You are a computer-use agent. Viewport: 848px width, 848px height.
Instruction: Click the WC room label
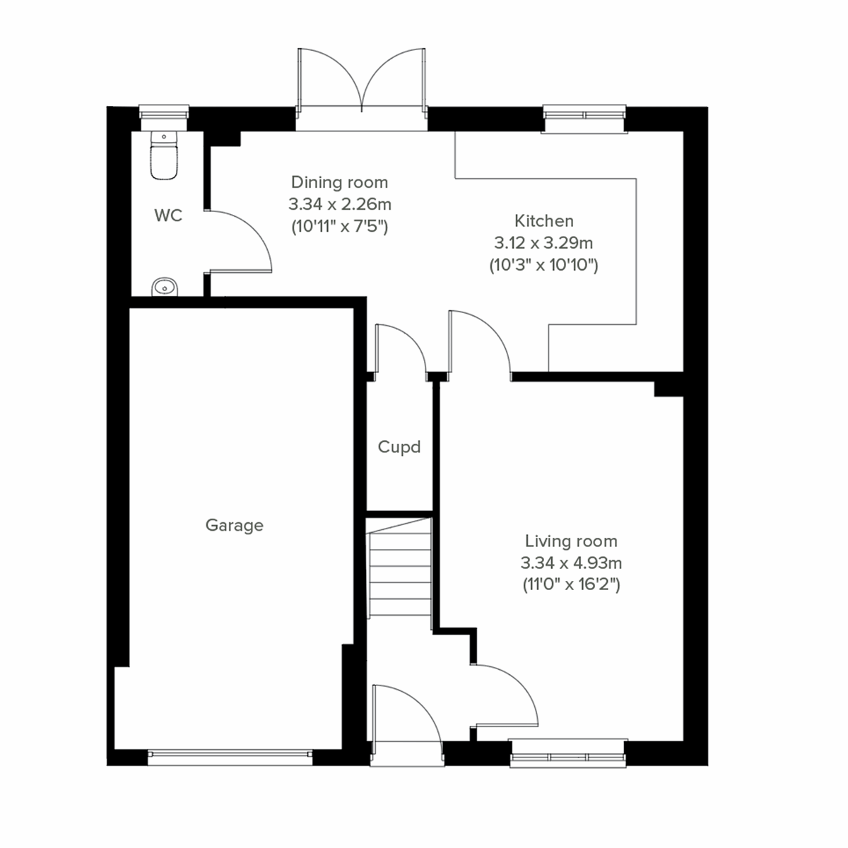point(168,216)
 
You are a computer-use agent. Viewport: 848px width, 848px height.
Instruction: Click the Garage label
point(234,525)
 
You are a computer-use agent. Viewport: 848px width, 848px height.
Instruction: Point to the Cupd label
point(399,447)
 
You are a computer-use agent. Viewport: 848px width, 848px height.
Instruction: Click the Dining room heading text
point(339,182)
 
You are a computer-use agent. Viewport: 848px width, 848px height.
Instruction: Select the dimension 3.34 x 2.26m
point(339,205)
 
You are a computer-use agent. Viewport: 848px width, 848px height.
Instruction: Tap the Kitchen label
point(543,220)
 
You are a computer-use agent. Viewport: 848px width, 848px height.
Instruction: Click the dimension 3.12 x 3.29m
point(543,243)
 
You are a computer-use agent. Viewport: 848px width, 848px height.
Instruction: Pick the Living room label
point(570,541)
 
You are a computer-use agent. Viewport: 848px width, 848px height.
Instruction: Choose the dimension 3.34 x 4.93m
point(570,563)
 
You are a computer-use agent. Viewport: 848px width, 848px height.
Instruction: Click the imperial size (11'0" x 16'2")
point(570,585)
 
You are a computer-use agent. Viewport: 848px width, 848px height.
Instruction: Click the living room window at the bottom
point(568,753)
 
